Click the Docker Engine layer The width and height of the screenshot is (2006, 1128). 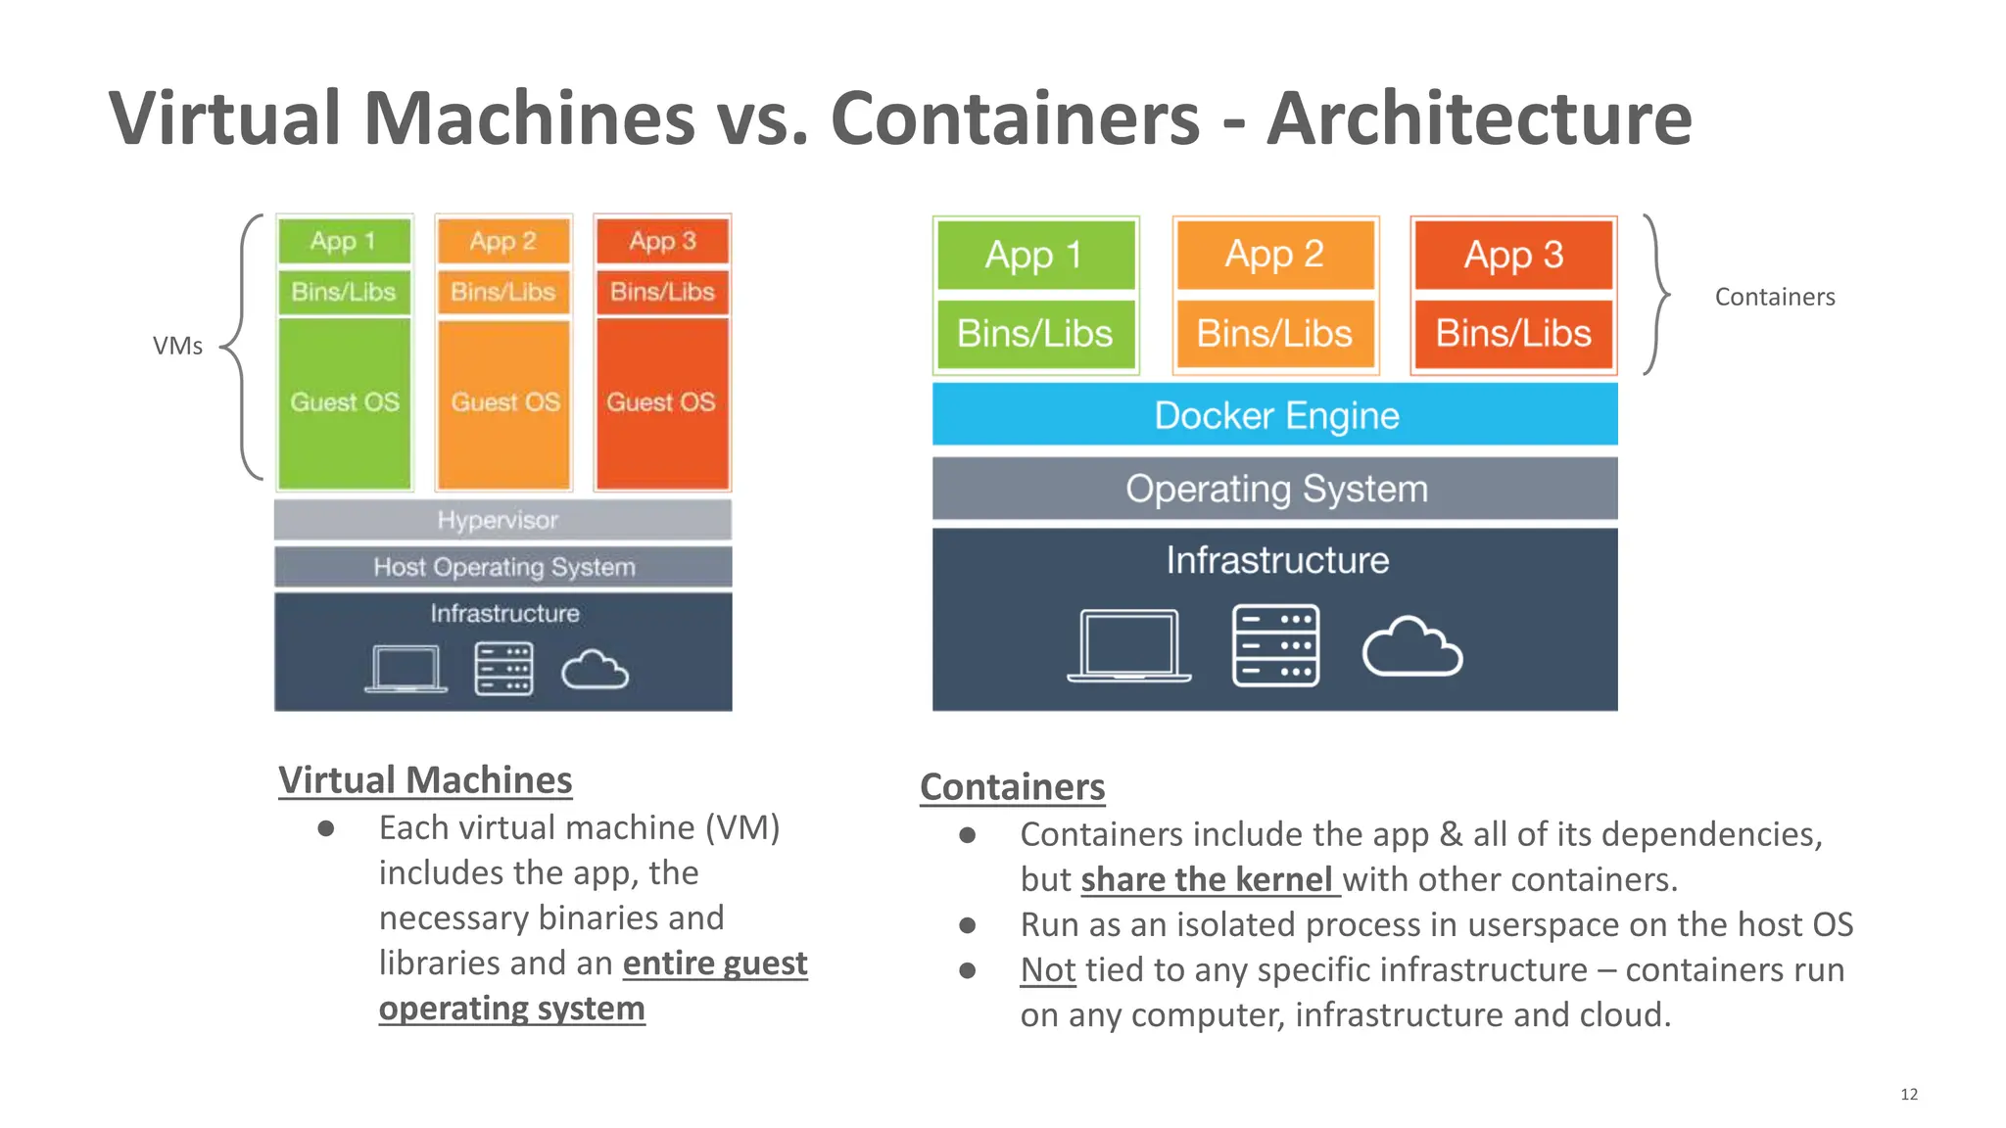[x=1274, y=415]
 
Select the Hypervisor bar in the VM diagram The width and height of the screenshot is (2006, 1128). [x=501, y=520]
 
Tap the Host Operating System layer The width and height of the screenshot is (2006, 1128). [x=502, y=567]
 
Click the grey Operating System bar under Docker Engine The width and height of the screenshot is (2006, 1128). [x=1274, y=489]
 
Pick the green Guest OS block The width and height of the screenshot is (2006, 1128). [x=345, y=402]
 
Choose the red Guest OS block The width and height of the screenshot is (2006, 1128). [x=662, y=402]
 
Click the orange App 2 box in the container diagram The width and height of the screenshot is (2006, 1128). [x=1274, y=255]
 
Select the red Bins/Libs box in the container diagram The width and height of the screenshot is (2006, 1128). [x=1513, y=334]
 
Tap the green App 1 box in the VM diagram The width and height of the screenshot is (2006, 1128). [x=344, y=241]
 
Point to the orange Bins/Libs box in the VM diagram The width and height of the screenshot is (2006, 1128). [x=503, y=292]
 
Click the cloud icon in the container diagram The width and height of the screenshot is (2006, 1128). [x=1411, y=647]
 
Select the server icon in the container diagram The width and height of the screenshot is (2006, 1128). [x=1275, y=645]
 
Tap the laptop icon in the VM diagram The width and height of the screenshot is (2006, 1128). [x=406, y=669]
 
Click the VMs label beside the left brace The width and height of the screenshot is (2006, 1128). [x=177, y=346]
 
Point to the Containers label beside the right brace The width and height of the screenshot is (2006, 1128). [x=1774, y=297]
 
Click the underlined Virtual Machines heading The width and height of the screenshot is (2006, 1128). [x=425, y=780]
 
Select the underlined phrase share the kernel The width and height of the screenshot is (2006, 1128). [x=1209, y=879]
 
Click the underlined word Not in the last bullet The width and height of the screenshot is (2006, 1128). [x=1047, y=969]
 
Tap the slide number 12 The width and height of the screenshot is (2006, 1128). [x=1908, y=1094]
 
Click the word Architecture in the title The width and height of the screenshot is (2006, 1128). [x=1479, y=118]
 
